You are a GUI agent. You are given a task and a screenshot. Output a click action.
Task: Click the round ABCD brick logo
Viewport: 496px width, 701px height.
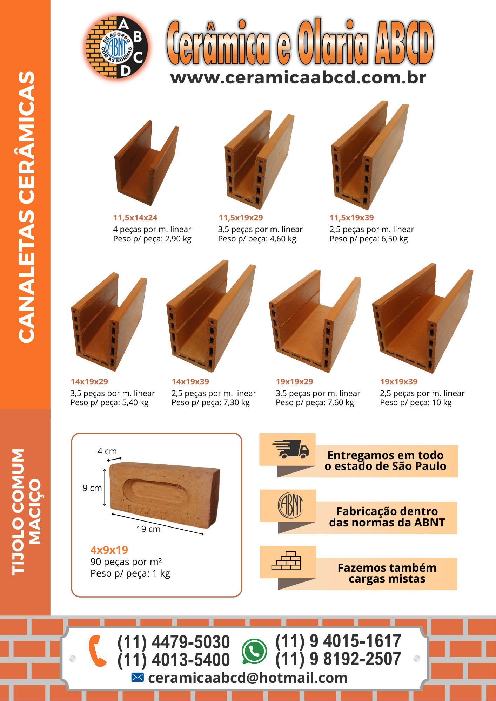coord(117,47)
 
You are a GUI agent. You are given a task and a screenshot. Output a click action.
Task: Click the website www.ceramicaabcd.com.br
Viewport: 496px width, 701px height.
coord(298,77)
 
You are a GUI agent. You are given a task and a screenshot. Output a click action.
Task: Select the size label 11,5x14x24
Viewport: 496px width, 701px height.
coord(135,218)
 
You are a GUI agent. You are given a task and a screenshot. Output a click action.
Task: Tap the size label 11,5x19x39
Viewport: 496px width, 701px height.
coord(351,218)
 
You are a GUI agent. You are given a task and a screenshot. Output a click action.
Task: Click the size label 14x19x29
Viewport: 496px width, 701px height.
coord(89,382)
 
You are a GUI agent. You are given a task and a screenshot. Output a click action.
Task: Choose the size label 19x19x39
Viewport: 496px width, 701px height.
coord(399,382)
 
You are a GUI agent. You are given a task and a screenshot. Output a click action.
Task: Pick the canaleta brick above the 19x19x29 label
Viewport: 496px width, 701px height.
coord(315,321)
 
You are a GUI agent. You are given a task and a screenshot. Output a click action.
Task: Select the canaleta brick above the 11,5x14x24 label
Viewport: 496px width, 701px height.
coord(147,163)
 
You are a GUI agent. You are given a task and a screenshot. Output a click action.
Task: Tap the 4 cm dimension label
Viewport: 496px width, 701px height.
coord(107,451)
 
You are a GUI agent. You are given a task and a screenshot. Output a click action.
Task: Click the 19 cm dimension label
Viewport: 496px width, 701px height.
coord(148,529)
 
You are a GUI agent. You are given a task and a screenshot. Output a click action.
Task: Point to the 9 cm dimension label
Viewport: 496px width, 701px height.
coord(92,488)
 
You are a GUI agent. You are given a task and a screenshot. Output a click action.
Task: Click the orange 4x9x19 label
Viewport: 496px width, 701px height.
coord(109,550)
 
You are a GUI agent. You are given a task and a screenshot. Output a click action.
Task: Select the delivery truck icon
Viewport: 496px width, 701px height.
coord(291,449)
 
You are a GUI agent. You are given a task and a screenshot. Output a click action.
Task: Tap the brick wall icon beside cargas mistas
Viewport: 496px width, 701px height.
coord(286,560)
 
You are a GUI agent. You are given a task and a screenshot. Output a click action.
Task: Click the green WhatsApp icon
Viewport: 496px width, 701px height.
coord(254,651)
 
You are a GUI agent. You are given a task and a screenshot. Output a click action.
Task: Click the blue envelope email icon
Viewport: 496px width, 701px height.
coord(138,678)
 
